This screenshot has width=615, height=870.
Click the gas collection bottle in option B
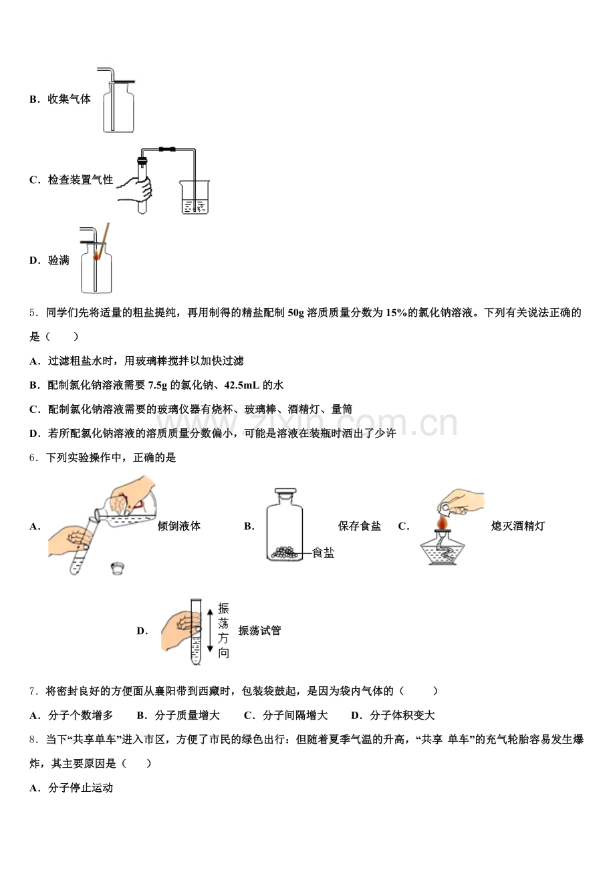pos(118,107)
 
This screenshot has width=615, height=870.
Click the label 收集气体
pos(69,99)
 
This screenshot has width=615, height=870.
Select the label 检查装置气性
pos(80,180)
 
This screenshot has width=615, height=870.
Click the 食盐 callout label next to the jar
pos(324,553)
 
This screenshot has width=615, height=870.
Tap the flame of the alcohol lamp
pos(442,521)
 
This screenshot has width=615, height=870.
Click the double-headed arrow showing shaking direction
pos(210,629)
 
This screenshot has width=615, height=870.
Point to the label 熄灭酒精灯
pos(517,526)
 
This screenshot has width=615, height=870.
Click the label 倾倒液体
pos(178,526)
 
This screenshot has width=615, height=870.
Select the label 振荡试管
pos(259,631)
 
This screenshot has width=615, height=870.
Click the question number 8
pos(33,739)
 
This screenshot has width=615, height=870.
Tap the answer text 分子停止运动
pos(80,788)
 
